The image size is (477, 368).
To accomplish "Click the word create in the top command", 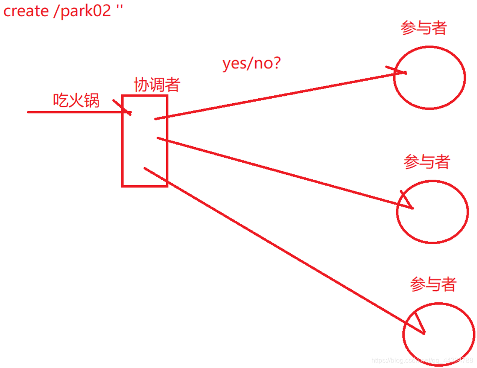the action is point(26,11).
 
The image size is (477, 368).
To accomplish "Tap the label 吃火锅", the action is point(76,100).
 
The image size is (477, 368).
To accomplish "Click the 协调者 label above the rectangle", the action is point(157,85).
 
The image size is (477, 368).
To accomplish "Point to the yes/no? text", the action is point(251,64).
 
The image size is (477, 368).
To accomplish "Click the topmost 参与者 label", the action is point(424,28).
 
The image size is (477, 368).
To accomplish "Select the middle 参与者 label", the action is point(427,162).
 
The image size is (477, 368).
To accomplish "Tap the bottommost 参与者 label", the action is point(433,285).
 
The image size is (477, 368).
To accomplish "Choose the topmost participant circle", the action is point(429,78).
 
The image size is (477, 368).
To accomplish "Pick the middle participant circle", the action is point(432,212).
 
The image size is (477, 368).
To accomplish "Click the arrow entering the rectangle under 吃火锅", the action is point(75,112).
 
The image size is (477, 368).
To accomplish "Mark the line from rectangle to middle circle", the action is point(284,172).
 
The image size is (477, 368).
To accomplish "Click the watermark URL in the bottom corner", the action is point(422,360).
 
